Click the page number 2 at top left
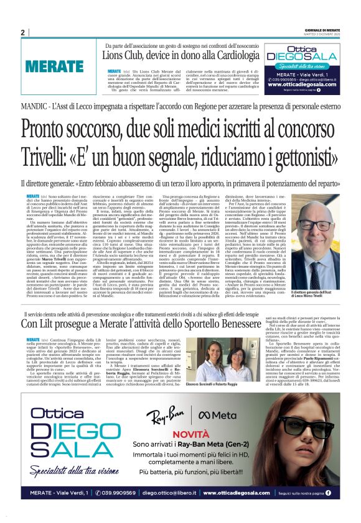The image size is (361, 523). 22,32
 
